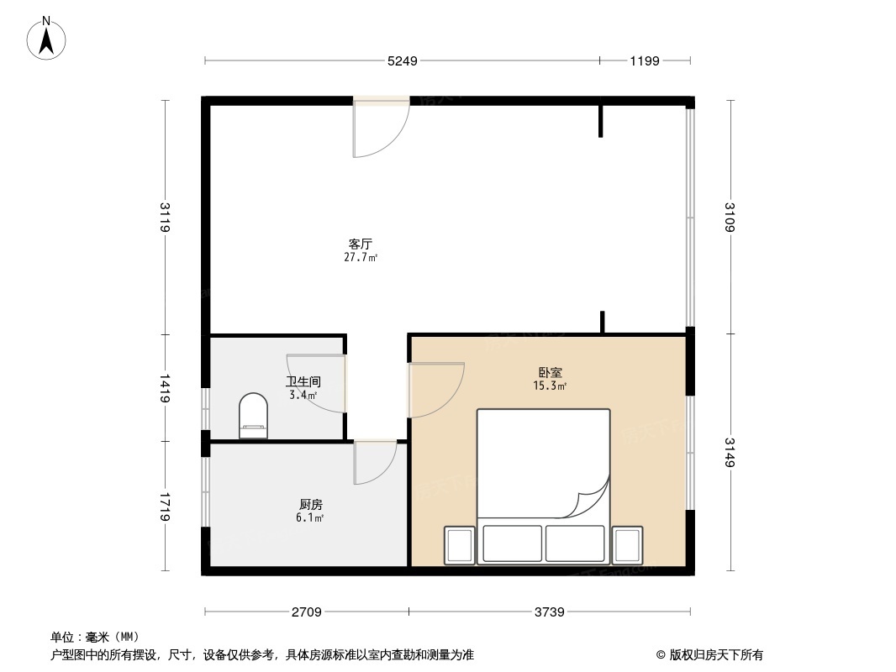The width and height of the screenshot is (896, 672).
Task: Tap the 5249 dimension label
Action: coord(402,60)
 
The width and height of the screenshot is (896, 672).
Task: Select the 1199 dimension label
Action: coord(645,60)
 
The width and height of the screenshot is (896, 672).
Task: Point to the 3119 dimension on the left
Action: coord(166,218)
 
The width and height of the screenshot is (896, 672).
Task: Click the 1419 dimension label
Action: coord(166,388)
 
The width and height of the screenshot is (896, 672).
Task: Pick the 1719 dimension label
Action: coord(166,507)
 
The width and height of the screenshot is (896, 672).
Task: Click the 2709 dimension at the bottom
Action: coord(307,612)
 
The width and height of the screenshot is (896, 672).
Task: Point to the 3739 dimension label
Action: coord(550,612)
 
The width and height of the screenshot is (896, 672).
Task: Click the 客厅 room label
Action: coord(360,244)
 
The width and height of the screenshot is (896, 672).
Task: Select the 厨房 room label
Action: coord(310,505)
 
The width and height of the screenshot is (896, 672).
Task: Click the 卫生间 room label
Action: coord(303,381)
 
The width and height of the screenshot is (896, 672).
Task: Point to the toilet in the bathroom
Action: coord(254,417)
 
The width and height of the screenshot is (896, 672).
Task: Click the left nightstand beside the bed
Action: coord(459,544)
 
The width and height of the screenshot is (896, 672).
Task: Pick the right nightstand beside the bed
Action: coord(627,544)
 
